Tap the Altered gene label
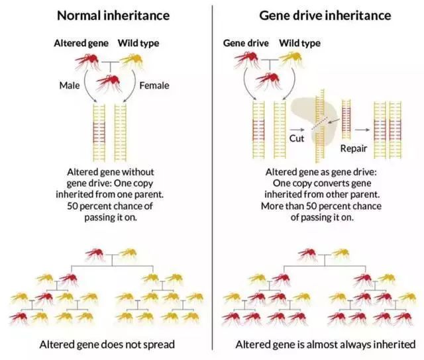tap(81, 43)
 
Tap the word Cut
tap(296, 138)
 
